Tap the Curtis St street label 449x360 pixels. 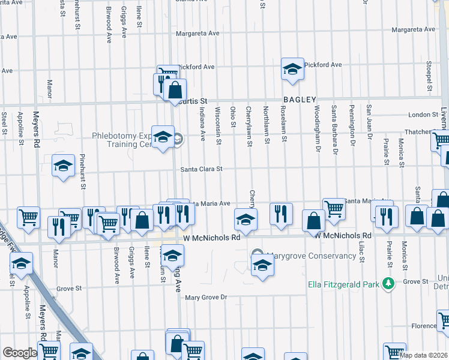[193, 101]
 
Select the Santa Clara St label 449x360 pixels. [202, 169]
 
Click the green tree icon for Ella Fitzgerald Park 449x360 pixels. [388, 283]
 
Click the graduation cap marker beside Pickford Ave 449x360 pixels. [292, 70]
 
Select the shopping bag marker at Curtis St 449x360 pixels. [175, 92]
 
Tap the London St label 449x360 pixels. [423, 115]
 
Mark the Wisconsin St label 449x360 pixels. [218, 127]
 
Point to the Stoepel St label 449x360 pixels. [430, 76]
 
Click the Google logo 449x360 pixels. [20, 353]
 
